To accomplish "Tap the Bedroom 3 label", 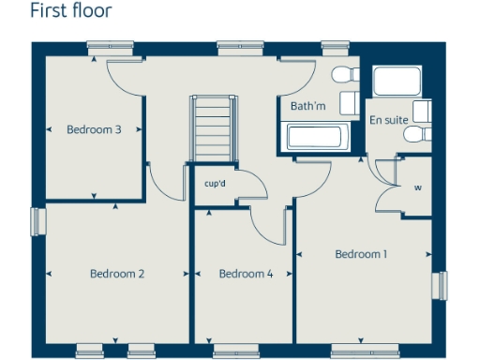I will tap(94, 129).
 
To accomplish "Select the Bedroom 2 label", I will tap(117, 274).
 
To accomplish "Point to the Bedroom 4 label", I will tap(246, 274).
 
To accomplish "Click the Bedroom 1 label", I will tap(361, 254).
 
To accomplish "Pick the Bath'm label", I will tap(307, 106).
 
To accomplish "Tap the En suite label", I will tap(388, 120).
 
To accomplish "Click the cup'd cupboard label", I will tap(215, 184).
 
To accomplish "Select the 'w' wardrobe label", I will tap(417, 187).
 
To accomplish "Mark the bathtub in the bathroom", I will tap(318, 139).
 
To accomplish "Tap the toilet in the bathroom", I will tap(345, 75).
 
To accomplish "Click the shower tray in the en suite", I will tap(398, 82).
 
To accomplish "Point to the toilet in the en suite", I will tap(414, 135).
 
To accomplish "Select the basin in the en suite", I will tap(422, 111).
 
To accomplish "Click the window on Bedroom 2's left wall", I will tap(37, 220).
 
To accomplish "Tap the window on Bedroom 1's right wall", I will tap(439, 285).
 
